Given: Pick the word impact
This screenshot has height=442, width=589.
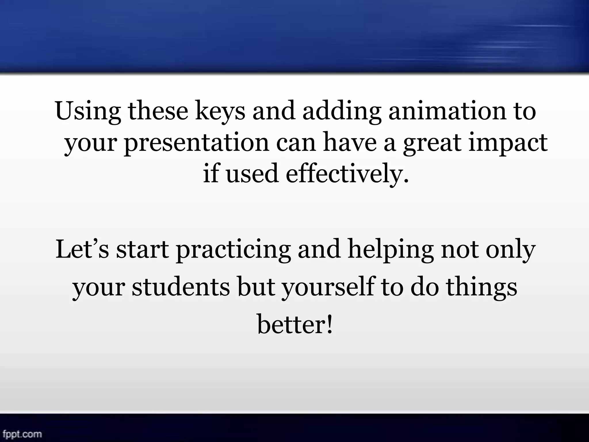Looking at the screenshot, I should [x=508, y=143].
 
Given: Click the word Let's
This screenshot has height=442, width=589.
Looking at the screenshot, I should [x=82, y=249].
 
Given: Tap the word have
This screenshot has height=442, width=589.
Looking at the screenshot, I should [x=350, y=143].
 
